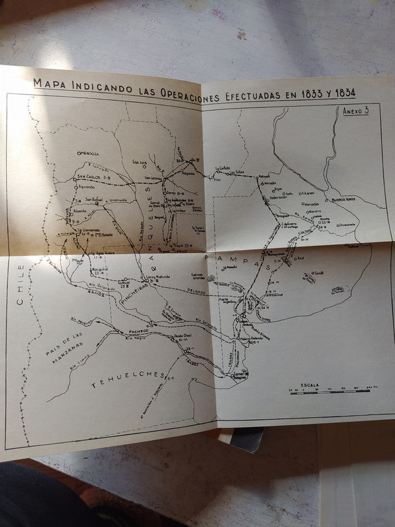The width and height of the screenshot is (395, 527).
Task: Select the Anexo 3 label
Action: [355, 111]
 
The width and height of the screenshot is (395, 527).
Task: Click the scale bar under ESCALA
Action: [330, 391]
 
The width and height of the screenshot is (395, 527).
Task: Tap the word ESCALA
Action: [309, 384]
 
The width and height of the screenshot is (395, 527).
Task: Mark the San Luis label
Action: [140, 161]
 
